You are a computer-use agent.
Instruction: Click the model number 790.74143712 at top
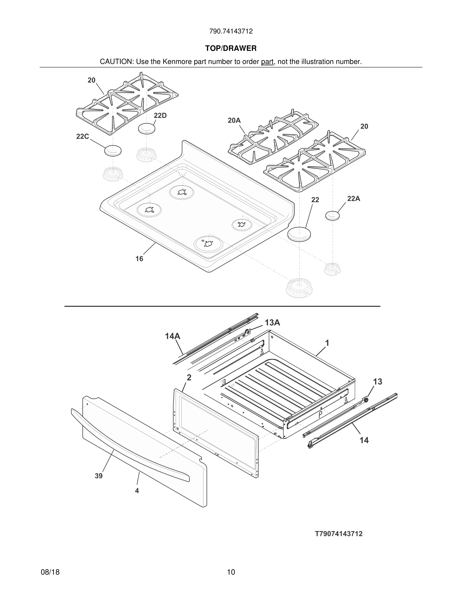point(231,31)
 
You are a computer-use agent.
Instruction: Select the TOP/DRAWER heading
point(231,49)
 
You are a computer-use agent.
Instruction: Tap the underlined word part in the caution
point(267,62)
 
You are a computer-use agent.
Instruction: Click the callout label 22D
point(160,116)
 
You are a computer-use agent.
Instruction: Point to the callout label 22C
point(82,136)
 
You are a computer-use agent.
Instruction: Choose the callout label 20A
point(234,120)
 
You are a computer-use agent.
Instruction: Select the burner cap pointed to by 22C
point(113,151)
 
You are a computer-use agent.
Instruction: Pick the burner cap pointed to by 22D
point(147,129)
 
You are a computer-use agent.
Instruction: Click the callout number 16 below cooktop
point(139,258)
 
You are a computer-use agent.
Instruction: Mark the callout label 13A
point(272,323)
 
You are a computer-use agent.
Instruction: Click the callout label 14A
point(172,336)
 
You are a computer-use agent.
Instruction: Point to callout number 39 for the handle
point(99,476)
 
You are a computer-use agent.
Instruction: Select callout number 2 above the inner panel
point(189,378)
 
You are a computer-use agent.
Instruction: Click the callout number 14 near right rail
point(364,440)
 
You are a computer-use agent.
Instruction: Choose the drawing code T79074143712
point(339,534)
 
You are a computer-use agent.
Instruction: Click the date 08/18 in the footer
point(50,572)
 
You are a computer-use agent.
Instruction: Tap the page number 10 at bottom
point(231,572)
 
